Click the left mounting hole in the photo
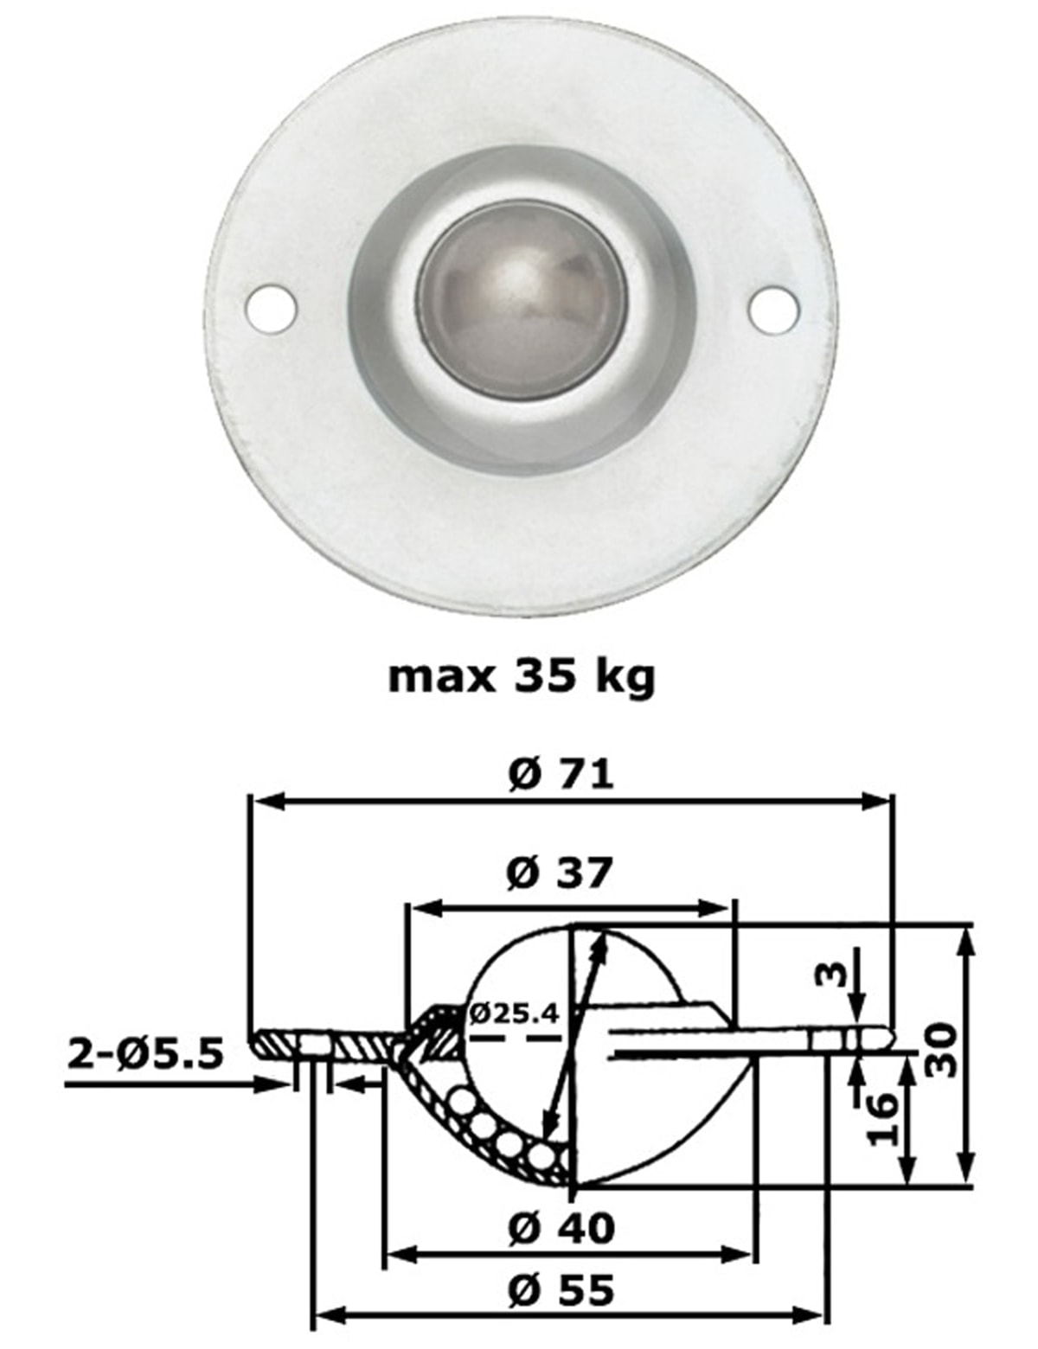(x=271, y=307)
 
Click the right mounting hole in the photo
(x=772, y=307)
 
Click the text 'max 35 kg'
(x=522, y=676)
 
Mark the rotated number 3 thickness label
(x=830, y=976)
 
